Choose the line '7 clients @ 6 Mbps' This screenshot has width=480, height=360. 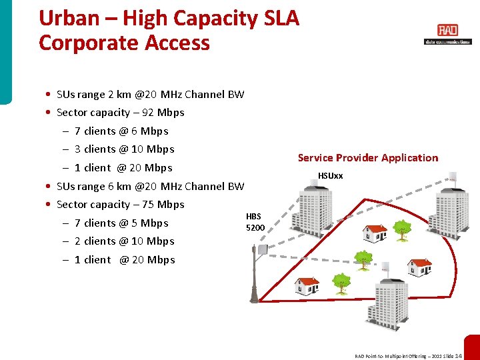tap(121, 131)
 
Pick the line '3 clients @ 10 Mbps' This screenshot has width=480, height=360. tap(124, 149)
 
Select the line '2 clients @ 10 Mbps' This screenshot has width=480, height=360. tap(124, 241)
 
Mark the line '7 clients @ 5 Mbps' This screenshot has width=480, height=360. tap(121, 223)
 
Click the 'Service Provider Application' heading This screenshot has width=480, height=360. tap(367, 158)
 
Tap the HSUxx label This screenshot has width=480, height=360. tap(330, 176)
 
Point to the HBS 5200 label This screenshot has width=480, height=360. tap(255, 221)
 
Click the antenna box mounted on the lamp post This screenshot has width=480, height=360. tap(263, 250)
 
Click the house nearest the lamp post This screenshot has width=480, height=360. tap(306, 285)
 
